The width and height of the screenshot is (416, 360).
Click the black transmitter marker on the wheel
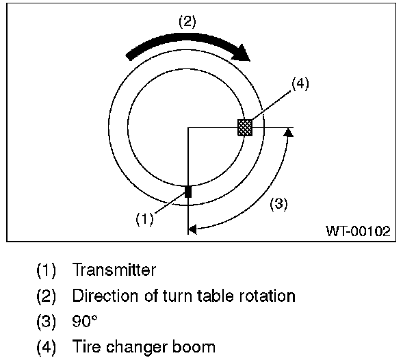coord(188,192)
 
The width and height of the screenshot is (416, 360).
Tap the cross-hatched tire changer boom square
coord(244,127)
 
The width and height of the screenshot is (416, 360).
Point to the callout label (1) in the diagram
coord(143,219)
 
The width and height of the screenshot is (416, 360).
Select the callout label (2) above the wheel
coord(187,21)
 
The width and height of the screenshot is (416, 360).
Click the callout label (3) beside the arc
coord(277,203)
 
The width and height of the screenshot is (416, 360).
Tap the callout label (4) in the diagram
coord(300,85)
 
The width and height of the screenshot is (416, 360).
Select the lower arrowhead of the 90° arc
coord(193,231)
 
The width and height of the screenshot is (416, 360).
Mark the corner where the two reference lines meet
coord(187,128)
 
